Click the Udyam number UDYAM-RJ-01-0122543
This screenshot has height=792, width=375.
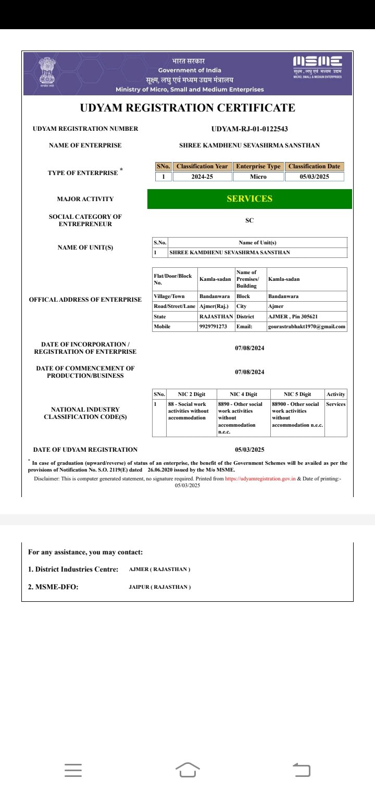(249, 129)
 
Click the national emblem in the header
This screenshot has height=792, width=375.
(47, 72)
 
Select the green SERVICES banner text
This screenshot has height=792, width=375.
(249, 199)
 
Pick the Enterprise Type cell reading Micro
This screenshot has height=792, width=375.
(258, 177)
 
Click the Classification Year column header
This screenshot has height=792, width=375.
(202, 166)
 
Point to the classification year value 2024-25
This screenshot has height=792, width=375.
(202, 177)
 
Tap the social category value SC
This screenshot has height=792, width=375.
(249, 220)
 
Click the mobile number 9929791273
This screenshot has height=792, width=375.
(213, 327)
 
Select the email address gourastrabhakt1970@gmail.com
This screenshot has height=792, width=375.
(307, 327)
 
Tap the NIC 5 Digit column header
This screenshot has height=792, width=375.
(297, 394)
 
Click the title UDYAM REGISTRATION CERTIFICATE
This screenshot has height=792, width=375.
(187, 108)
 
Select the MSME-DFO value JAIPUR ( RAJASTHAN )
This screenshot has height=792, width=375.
(160, 587)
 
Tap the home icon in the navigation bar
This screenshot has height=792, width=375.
(187, 770)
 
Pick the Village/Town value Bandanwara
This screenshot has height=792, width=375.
(215, 296)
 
